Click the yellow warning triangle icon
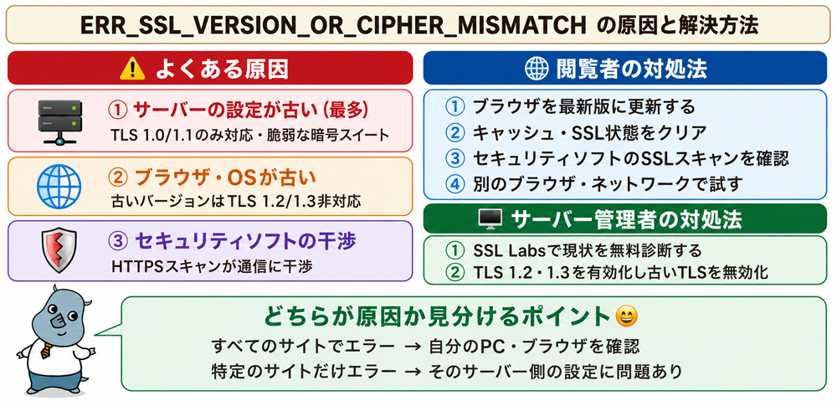point(132,69)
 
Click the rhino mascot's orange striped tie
point(46,350)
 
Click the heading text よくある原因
point(222,69)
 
